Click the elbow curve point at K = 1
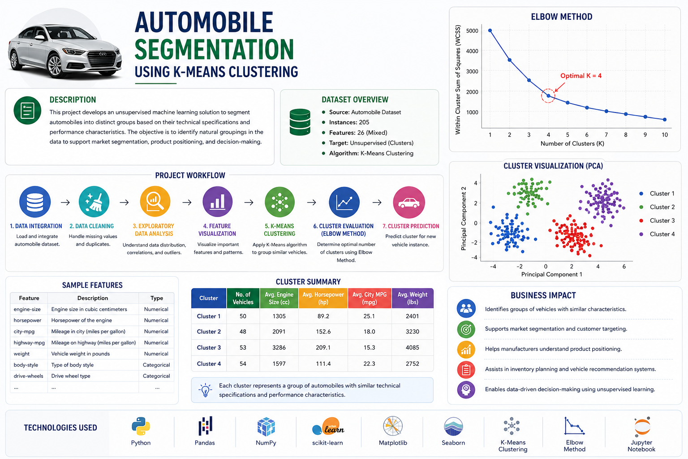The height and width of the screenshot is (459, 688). click(x=490, y=30)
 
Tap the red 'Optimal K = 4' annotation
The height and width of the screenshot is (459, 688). click(x=581, y=76)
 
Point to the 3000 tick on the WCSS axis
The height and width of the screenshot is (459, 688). click(x=472, y=71)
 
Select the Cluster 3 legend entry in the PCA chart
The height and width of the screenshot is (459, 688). click(x=657, y=221)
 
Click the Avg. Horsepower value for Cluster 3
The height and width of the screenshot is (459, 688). click(x=323, y=347)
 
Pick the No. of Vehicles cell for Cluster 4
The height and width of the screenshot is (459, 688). click(x=243, y=364)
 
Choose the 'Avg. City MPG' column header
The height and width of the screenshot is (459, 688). click(x=370, y=298)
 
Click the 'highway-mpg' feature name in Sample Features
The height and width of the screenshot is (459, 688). click(x=29, y=342)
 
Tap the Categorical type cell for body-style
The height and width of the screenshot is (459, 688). click(x=156, y=365)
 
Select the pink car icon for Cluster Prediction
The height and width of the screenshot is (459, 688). click(x=409, y=202)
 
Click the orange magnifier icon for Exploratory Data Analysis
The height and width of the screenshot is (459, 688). click(x=155, y=202)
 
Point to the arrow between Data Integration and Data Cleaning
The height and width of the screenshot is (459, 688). click(x=65, y=202)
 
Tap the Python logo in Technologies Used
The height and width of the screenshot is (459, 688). click(x=141, y=426)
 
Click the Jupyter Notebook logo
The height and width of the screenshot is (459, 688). click(x=642, y=426)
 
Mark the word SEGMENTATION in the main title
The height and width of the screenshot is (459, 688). click(x=214, y=49)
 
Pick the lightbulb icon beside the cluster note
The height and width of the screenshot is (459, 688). click(x=205, y=390)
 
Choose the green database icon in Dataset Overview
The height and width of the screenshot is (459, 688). click(x=300, y=122)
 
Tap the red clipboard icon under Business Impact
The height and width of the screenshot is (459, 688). click(x=466, y=369)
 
